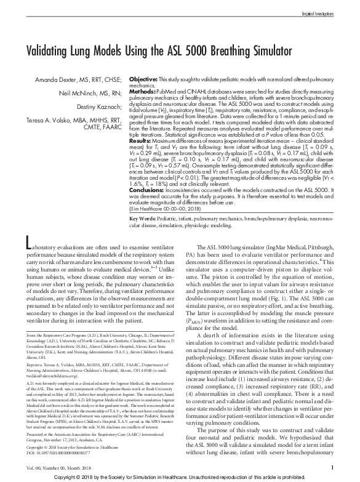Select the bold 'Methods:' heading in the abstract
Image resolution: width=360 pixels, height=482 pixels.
pyautogui.click(x=143, y=92)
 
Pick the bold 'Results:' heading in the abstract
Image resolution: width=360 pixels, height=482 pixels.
pyautogui.click(x=142, y=140)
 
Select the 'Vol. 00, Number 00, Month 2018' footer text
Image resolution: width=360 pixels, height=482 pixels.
pyautogui.click(x=52, y=469)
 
